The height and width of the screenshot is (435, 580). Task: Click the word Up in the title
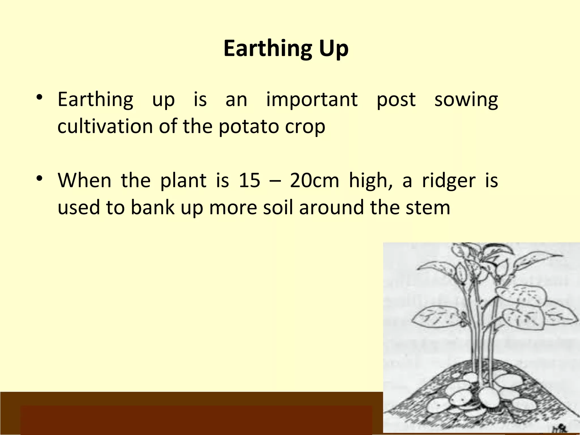pos(334,49)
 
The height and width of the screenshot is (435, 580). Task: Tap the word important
pos(312,100)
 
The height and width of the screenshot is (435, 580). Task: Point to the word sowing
pos(466,100)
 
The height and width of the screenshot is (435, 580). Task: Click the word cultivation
pos(105,126)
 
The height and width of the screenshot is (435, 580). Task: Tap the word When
pos(84,180)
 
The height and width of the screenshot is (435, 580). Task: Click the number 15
pos(249,180)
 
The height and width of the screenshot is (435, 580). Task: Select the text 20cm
pos(314,180)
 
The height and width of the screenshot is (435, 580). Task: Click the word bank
pos(153,207)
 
